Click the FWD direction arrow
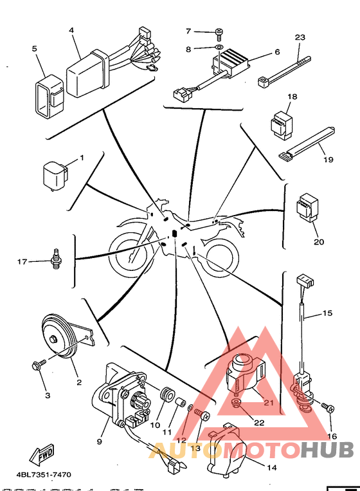point(42,454)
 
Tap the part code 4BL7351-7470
point(44,475)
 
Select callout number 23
point(300,37)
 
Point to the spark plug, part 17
point(56,259)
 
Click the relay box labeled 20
point(307,208)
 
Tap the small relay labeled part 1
point(55,176)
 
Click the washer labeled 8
point(219,47)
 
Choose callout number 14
point(272,468)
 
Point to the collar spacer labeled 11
point(180,403)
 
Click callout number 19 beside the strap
point(328,160)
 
